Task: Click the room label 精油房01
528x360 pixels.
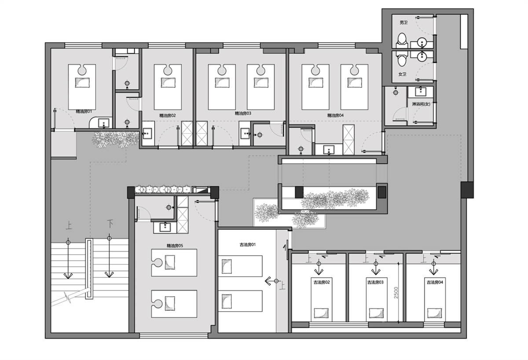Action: (x=84, y=111)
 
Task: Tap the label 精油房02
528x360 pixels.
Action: (x=168, y=115)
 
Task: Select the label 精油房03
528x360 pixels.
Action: (x=243, y=114)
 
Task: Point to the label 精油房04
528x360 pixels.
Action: (x=335, y=115)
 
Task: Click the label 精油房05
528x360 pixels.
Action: (x=175, y=246)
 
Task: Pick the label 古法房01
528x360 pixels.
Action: (x=247, y=245)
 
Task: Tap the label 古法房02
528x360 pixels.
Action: (x=322, y=282)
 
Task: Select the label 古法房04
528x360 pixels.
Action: (x=435, y=282)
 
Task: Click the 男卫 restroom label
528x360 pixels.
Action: (x=403, y=22)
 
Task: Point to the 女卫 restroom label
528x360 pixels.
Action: (x=402, y=74)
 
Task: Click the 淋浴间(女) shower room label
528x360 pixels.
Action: (x=421, y=104)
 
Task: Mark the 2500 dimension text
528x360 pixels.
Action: (x=396, y=293)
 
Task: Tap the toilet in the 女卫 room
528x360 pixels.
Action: (x=402, y=59)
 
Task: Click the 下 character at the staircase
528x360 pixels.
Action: (x=110, y=224)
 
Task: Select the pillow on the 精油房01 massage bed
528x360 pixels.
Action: (x=82, y=83)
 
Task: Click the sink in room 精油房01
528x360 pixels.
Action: (x=104, y=123)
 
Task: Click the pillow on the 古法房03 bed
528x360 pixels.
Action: (x=376, y=312)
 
